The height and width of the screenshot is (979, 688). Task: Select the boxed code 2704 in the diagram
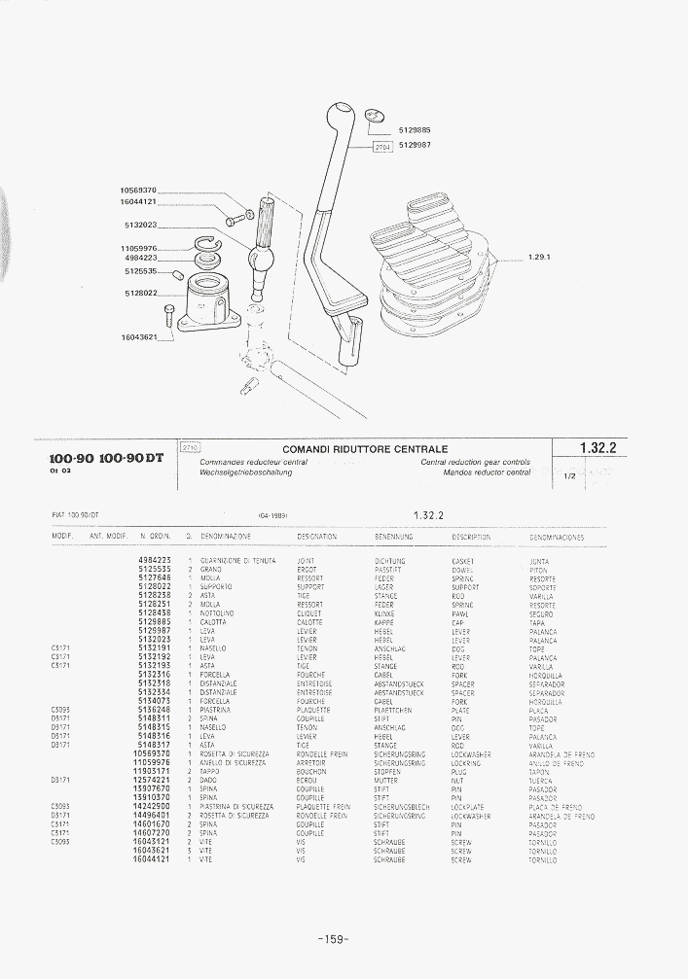pos(382,147)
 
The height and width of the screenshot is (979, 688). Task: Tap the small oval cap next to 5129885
pos(371,117)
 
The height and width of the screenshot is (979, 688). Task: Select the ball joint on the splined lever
pos(260,260)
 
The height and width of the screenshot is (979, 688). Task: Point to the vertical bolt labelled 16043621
pos(170,317)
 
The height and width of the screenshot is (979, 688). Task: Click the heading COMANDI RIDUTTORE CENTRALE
pos(365,449)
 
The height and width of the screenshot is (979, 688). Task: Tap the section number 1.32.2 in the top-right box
pos(602,448)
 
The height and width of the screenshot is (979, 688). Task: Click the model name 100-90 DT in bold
pos(132,459)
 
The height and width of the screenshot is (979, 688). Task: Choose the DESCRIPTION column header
pos(471,537)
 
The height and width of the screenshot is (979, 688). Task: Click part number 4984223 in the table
pos(155,561)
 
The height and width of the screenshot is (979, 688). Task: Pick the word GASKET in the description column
pos(462,561)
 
